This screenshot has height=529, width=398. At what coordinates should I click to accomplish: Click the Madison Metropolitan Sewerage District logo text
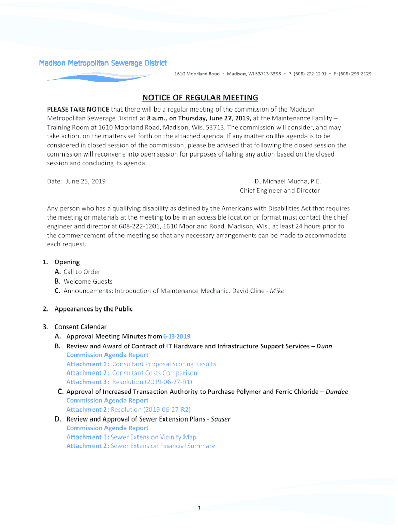[x=103, y=63]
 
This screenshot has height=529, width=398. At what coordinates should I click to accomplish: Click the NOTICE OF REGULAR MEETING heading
[x=200, y=98]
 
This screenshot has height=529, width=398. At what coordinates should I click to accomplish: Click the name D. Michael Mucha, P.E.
[x=287, y=181]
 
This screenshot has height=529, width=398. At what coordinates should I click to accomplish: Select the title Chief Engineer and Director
[x=280, y=191]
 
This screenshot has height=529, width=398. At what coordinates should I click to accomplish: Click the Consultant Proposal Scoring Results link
[x=164, y=364]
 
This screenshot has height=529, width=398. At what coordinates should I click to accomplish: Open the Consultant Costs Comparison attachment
[x=155, y=373]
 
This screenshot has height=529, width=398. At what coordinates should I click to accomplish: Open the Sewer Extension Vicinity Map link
[x=154, y=437]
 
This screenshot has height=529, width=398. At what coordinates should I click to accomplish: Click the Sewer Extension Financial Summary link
[x=162, y=446]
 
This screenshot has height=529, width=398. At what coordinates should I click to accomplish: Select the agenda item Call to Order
[x=82, y=272]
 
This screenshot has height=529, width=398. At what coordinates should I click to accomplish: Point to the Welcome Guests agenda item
[x=87, y=282]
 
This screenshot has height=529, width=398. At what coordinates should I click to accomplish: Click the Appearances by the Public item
[x=94, y=309]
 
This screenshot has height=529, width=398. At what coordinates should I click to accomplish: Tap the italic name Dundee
[x=337, y=392]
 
